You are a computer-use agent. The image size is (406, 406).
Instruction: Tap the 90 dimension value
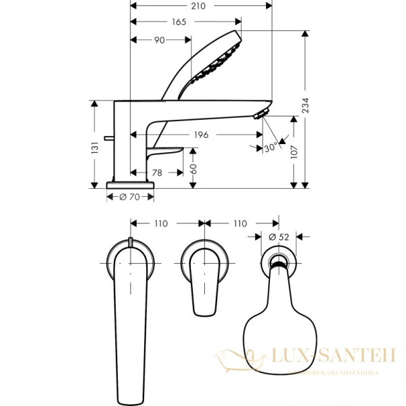(160, 41)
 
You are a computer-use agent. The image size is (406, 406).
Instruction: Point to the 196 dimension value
(200, 135)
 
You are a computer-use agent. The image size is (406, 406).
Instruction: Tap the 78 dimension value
(157, 173)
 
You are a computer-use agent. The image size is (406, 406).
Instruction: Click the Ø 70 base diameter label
(129, 197)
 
